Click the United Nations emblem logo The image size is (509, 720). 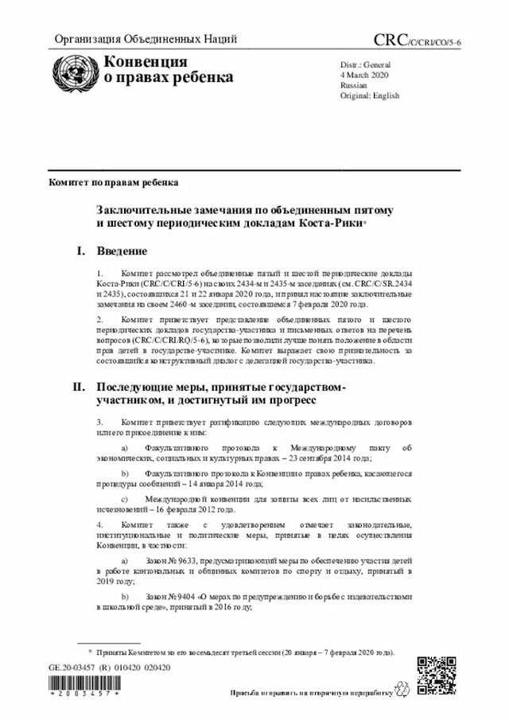[69, 69]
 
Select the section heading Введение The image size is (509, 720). [122, 252]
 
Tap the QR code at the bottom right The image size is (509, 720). [435, 674]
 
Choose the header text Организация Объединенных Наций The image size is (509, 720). [146, 41]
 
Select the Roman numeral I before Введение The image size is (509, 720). [80, 252]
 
